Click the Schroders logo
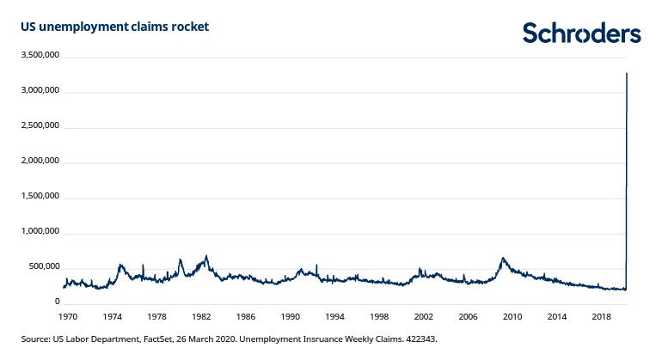click(582, 34)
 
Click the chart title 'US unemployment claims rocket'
click(114, 27)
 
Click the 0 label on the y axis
click(57, 302)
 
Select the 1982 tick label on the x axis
click(201, 316)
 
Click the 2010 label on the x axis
click(513, 316)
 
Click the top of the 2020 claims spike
click(627, 74)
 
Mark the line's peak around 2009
click(503, 258)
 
